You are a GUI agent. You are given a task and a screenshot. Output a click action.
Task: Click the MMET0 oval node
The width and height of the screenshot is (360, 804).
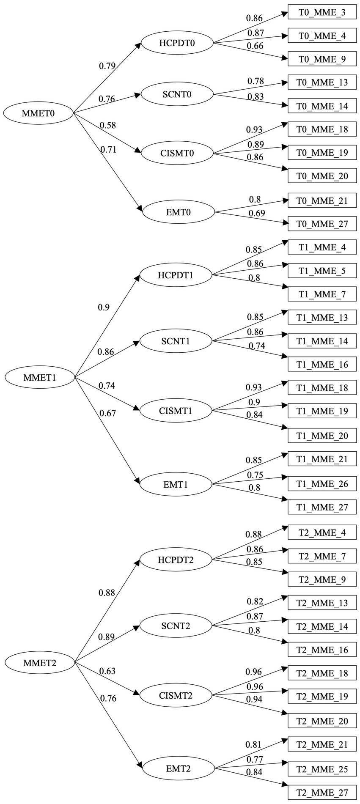point(38,113)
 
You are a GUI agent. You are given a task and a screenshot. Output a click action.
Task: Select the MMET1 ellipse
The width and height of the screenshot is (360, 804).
point(39,377)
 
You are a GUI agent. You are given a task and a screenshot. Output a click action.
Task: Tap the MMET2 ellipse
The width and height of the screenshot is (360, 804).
point(39,662)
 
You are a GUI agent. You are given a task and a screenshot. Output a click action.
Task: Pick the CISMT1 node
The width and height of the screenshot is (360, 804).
point(176,410)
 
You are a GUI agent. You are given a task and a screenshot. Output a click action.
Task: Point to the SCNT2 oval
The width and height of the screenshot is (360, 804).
point(176,626)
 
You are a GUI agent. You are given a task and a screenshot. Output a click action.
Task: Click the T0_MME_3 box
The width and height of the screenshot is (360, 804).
point(322,12)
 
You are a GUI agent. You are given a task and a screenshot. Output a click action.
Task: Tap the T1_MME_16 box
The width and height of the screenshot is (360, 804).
point(322,364)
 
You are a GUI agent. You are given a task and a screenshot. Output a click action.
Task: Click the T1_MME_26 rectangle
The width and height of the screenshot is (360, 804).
point(322,483)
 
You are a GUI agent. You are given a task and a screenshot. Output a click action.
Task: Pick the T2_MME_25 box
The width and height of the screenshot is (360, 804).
point(322,769)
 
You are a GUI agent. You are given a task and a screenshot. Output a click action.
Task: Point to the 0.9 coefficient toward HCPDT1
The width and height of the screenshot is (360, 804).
point(104,307)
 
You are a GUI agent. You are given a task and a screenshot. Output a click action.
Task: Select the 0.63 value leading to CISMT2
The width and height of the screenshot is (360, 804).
point(107,671)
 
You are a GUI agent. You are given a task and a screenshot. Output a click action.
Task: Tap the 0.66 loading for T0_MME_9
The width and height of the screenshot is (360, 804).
point(255,46)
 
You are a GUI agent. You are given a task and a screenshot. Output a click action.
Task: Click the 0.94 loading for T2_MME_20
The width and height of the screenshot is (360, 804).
point(254,699)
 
